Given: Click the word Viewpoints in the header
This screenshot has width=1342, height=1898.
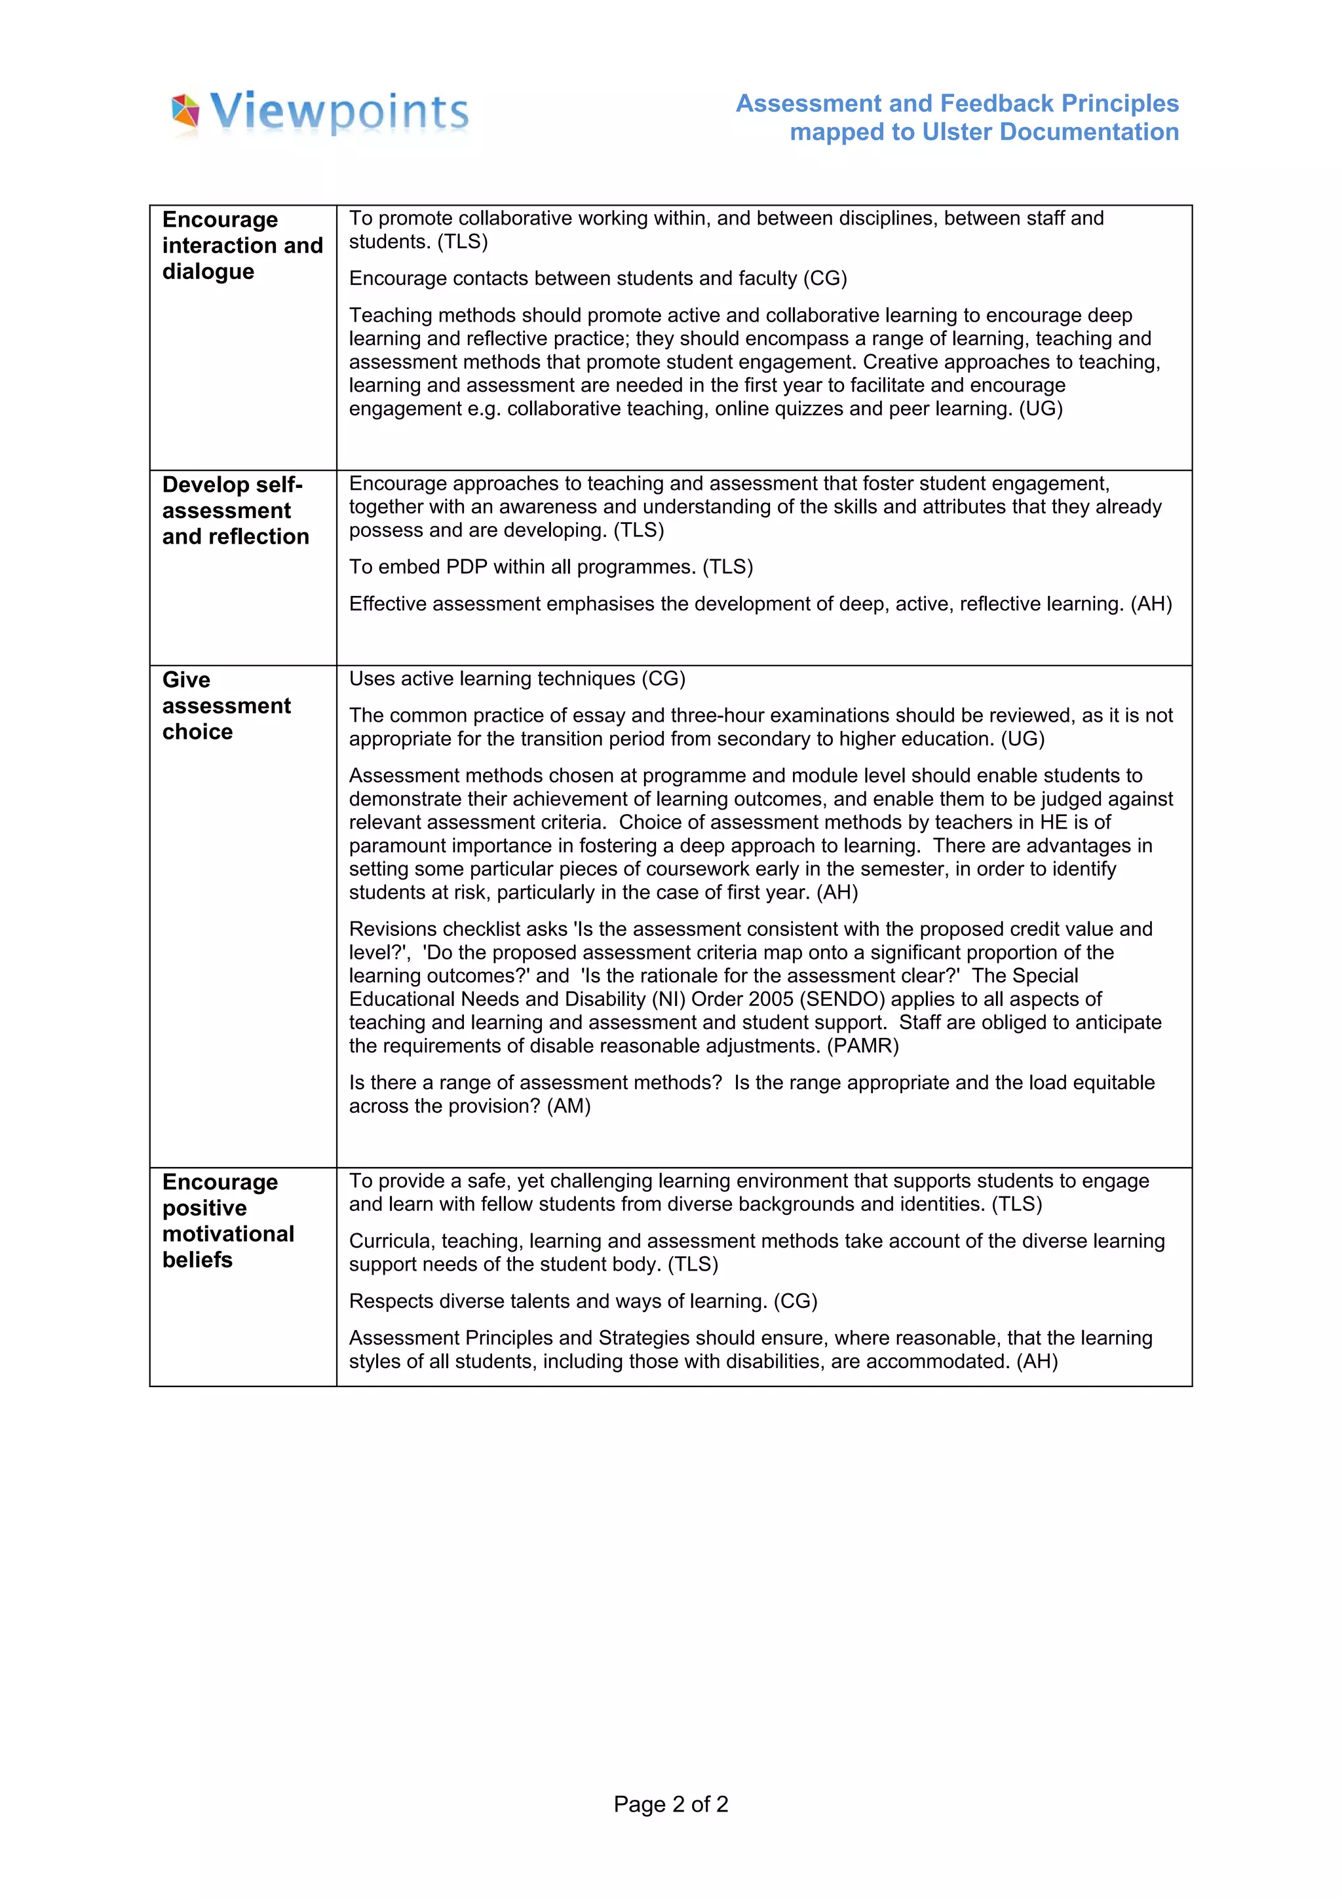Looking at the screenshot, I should (339, 113).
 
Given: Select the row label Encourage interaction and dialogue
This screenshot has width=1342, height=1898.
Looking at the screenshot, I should (241, 246).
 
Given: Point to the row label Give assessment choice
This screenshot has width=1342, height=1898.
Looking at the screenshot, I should (225, 706).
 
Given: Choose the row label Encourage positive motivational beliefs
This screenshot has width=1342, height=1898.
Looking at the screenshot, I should (227, 1220).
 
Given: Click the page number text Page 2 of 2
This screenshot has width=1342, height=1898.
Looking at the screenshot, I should (670, 1804).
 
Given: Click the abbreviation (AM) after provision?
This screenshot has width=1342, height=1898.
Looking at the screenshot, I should (569, 1106).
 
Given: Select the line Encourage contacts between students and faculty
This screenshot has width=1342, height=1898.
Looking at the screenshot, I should (597, 278).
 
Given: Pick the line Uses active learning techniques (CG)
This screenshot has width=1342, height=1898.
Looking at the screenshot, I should (517, 679).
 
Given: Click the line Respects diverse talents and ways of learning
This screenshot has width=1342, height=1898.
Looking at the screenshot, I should (582, 1301).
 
